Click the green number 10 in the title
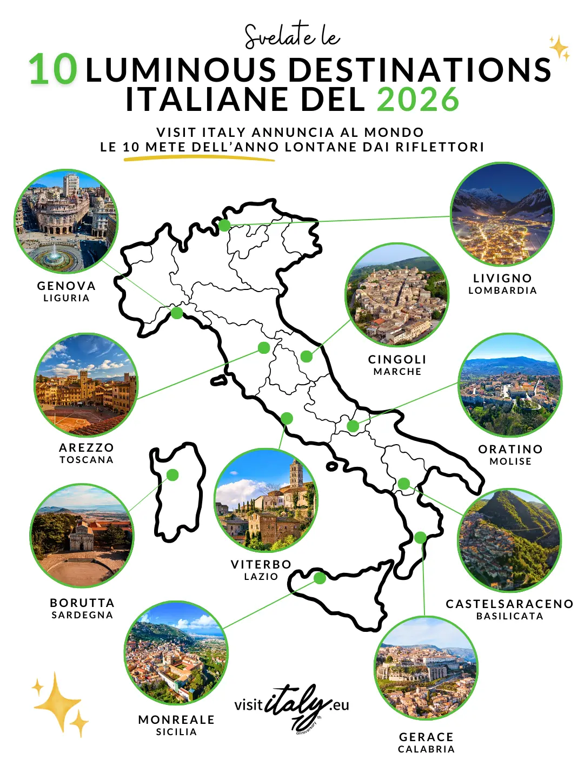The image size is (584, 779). click(53, 70)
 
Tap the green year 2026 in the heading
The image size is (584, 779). click(417, 100)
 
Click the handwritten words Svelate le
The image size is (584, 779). click(292, 36)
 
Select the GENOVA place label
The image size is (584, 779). click(67, 286)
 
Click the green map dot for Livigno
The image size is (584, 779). click(224, 225)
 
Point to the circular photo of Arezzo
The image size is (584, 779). click(86, 385)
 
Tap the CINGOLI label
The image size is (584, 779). click(397, 359)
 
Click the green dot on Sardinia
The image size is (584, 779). click(172, 475)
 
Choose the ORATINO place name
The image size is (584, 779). click(510, 449)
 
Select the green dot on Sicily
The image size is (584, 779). click(320, 578)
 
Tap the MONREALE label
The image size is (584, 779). click(176, 719)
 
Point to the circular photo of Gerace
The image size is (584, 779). click(426, 668)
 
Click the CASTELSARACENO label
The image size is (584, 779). click(509, 604)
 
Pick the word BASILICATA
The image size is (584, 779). click(509, 616)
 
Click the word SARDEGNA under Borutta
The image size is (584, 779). click(82, 615)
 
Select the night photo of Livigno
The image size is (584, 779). click(502, 214)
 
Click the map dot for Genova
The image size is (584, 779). click(177, 313)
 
